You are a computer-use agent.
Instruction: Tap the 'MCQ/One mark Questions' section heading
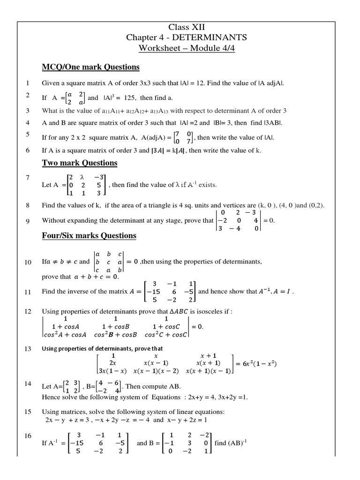91,67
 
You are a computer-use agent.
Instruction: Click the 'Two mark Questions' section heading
80,163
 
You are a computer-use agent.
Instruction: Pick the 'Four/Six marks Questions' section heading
89,235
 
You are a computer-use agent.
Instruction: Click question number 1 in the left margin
28,83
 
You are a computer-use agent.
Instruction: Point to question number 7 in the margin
28,178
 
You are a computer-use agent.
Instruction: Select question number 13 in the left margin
28,349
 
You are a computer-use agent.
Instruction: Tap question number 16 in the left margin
28,436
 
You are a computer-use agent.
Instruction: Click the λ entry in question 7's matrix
81,177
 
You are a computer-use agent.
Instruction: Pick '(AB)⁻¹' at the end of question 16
240,442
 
